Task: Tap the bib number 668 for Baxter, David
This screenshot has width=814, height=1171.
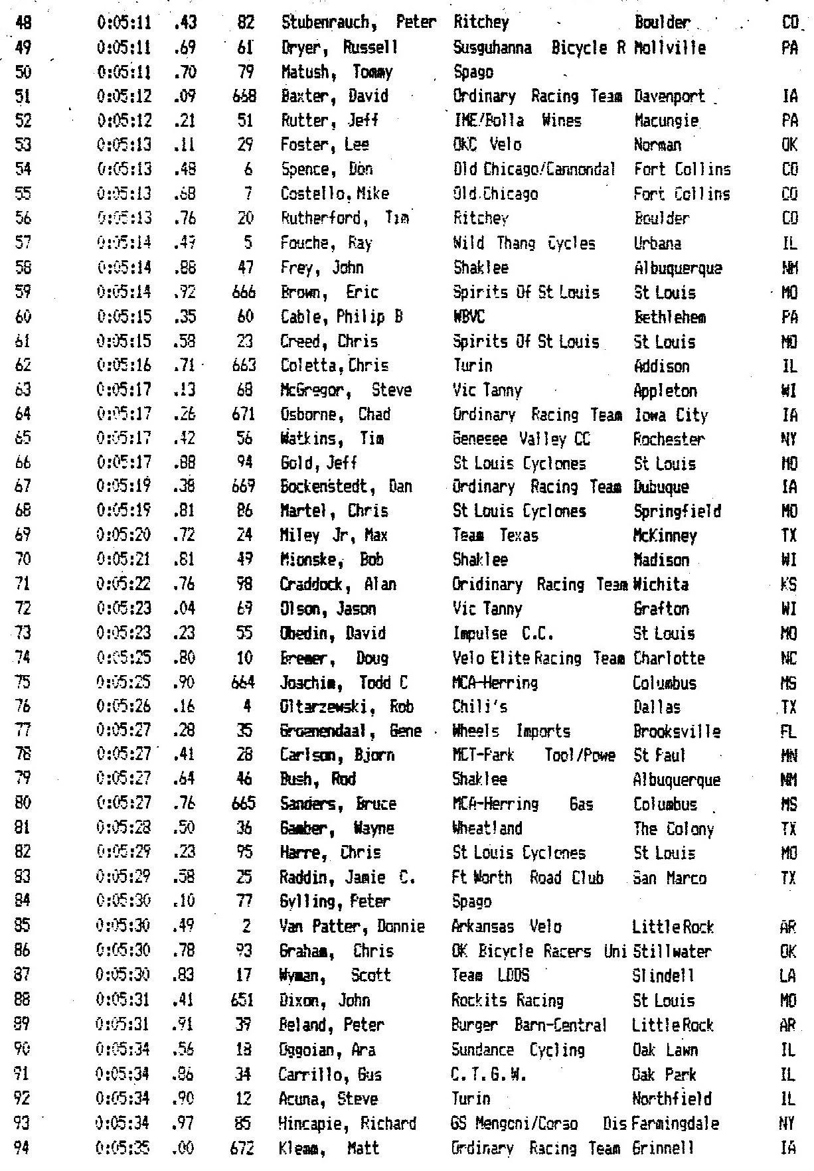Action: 244,96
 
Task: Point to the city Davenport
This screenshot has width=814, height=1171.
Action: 670,96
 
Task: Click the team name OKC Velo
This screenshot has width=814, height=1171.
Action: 487,145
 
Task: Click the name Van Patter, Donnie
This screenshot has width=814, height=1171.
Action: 353,927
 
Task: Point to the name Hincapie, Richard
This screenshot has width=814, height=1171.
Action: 348,1124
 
